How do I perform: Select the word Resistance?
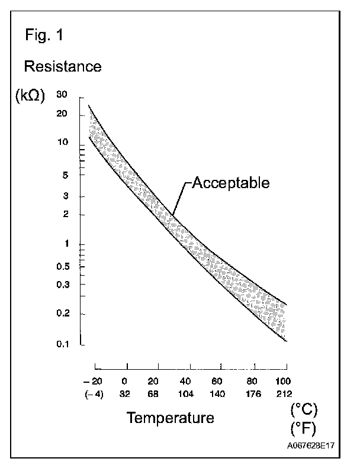click(62, 66)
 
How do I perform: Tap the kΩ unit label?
click(28, 97)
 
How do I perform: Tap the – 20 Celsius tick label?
click(94, 381)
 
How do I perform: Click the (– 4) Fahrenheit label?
click(94, 395)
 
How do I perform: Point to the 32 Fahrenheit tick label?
click(125, 395)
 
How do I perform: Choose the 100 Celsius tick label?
click(283, 381)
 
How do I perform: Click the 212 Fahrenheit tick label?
click(283, 395)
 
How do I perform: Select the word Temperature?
click(170, 419)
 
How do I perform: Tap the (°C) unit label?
click(304, 409)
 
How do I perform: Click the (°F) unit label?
click(304, 428)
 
